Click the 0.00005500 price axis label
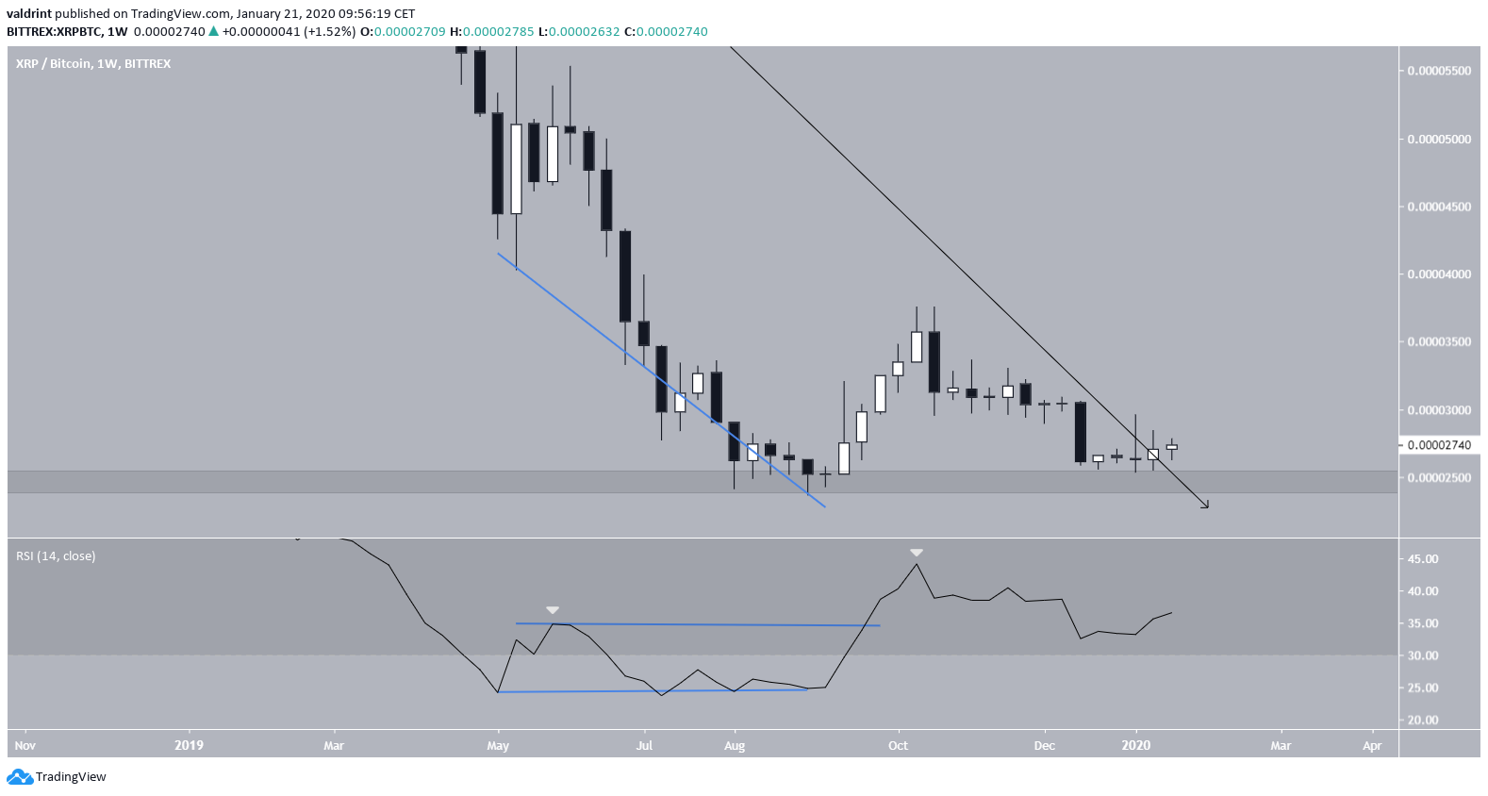point(1438,71)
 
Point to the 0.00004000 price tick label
point(1438,274)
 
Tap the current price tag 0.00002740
point(1438,445)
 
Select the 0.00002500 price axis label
point(1438,478)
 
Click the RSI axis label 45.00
point(1423,559)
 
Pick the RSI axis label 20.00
point(1423,720)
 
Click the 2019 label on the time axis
point(189,745)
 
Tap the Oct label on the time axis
point(898,745)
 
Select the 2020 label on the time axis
point(1135,745)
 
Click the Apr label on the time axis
point(1372,745)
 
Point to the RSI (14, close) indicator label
point(56,556)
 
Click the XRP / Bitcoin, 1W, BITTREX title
point(93,64)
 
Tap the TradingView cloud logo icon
point(19,777)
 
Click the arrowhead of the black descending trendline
point(1205,506)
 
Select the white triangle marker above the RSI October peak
point(916,553)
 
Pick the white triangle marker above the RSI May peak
point(553,610)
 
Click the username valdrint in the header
point(28,14)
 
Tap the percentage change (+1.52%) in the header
point(329,32)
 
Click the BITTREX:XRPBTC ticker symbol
point(55,32)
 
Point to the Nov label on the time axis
point(25,745)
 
